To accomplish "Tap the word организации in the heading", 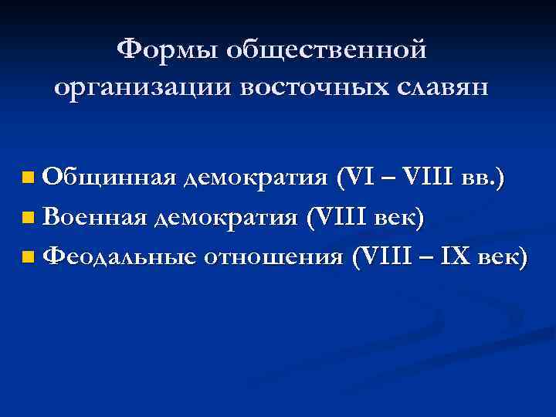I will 143,86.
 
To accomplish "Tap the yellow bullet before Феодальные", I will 29,257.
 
